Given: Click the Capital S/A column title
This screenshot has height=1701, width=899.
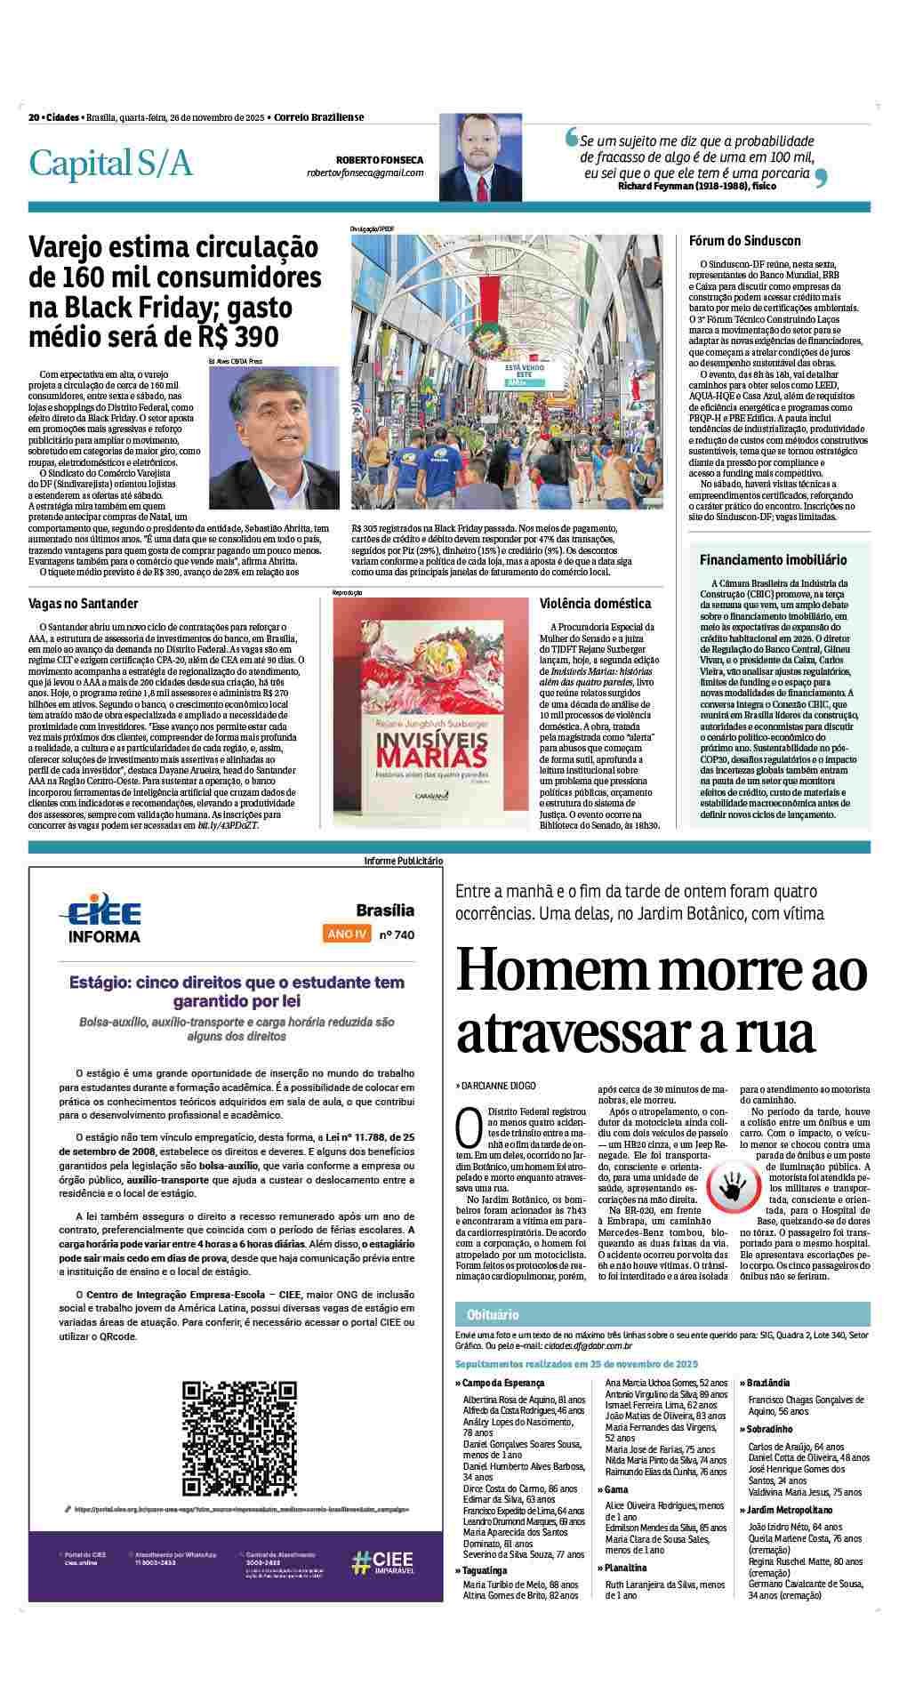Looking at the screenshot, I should click(110, 164).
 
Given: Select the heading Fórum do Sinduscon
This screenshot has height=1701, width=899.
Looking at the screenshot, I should click(744, 241).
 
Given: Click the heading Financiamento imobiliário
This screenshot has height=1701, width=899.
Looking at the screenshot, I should click(773, 561).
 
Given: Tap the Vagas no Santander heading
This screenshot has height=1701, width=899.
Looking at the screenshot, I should click(84, 604).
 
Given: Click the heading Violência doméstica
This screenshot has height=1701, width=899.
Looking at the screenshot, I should click(595, 604).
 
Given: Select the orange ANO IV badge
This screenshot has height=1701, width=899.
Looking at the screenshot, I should click(348, 935).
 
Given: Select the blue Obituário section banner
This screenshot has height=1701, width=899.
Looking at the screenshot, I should click(662, 1314).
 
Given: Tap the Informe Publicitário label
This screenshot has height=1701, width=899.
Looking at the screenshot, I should click(403, 861).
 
